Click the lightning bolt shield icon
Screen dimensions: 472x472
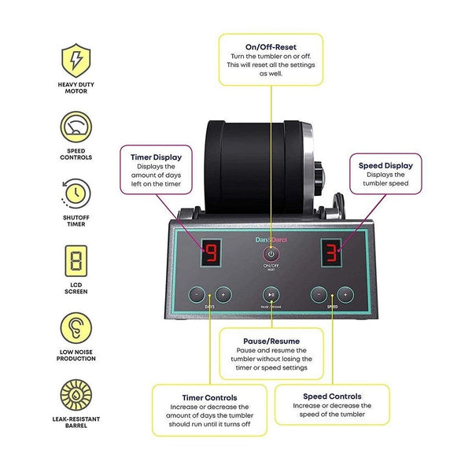76,61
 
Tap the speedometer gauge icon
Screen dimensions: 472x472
76,127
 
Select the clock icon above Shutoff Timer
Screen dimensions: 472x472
76,194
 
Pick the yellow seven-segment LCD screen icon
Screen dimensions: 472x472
76,261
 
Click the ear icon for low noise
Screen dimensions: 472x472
76,328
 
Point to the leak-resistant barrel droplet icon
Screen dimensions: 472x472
76,395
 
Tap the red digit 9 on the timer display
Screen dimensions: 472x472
211,253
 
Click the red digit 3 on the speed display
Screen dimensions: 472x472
331,253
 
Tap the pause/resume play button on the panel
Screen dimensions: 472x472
271,295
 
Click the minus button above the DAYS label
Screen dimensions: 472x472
197,295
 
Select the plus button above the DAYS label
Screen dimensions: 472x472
223,295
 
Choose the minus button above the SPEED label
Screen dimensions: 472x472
319,295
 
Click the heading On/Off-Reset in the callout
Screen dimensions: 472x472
271,47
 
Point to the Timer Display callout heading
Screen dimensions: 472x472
157,157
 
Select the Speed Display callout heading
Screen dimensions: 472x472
385,165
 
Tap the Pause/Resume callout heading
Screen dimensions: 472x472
271,341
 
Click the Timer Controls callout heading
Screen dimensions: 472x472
209,397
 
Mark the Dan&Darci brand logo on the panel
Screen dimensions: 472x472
271,240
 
